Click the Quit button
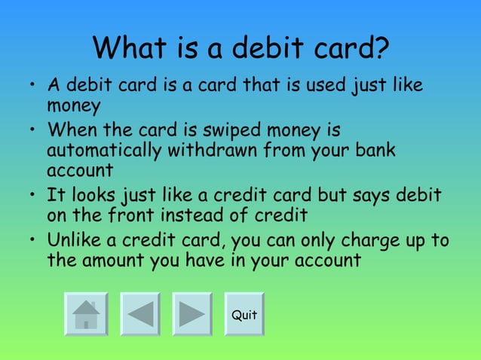[244, 314]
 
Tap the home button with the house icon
[86, 314]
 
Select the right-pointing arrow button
[191, 314]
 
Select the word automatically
[103, 150]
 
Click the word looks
[96, 196]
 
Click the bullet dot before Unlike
[32, 242]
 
